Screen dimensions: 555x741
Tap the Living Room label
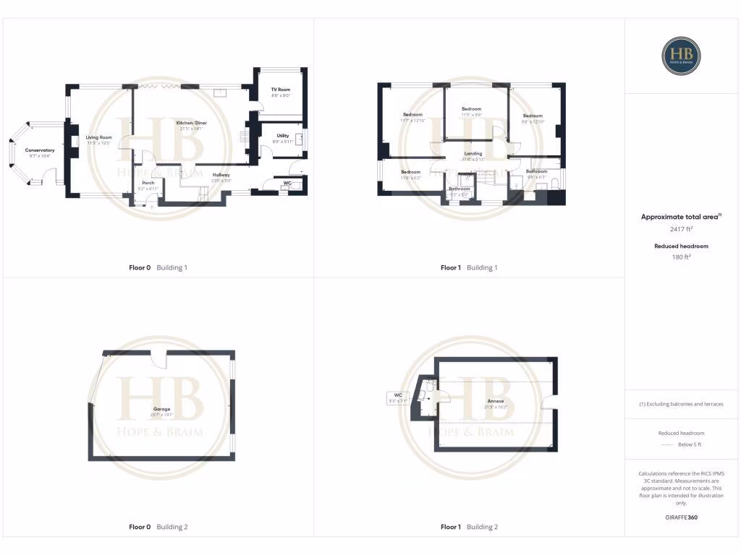tap(98, 137)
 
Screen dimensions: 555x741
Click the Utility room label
tap(282, 135)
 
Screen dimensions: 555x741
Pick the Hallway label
tap(221, 175)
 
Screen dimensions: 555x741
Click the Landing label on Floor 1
tap(473, 154)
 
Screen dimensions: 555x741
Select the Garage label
tap(161, 409)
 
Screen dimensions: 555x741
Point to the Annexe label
tap(496, 401)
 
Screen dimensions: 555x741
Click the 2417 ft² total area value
tap(681, 229)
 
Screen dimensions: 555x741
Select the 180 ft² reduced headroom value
tap(681, 256)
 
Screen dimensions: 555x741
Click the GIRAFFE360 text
tap(681, 517)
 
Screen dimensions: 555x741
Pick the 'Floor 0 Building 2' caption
tap(158, 527)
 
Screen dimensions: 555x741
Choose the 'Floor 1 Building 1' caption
tap(469, 267)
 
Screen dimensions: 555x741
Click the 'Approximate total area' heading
tap(680, 216)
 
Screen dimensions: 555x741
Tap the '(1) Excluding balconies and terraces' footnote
tap(681, 404)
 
